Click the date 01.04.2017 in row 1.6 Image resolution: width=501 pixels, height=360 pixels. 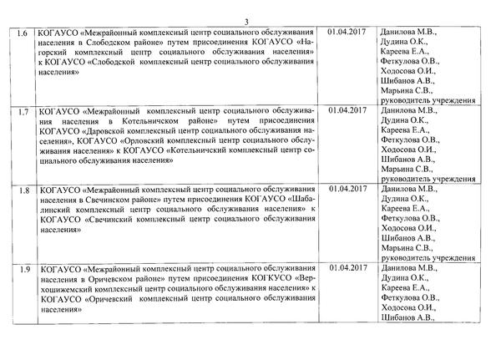click(347, 32)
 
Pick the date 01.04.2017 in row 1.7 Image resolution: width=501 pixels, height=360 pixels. click(347, 109)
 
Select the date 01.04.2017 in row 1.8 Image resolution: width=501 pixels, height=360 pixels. click(347, 189)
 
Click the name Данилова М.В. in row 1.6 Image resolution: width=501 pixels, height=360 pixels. click(409, 32)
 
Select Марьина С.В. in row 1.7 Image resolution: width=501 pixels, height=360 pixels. click(407, 169)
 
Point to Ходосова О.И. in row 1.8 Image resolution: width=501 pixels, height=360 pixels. click(408, 228)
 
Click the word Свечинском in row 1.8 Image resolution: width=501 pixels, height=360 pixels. click(109, 200)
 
